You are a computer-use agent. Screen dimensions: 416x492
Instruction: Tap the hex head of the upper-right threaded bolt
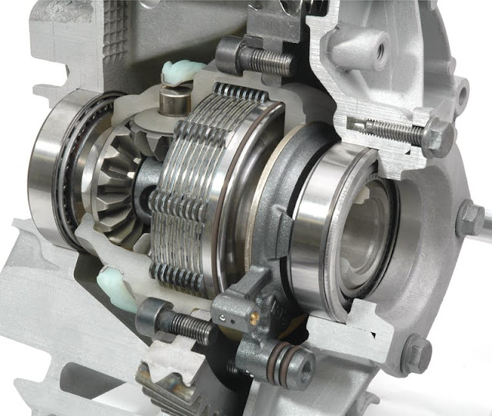(x=436, y=136)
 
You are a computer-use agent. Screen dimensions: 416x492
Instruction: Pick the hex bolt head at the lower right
(x=416, y=354)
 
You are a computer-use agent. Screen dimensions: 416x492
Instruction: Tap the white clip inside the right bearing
(x=361, y=197)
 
